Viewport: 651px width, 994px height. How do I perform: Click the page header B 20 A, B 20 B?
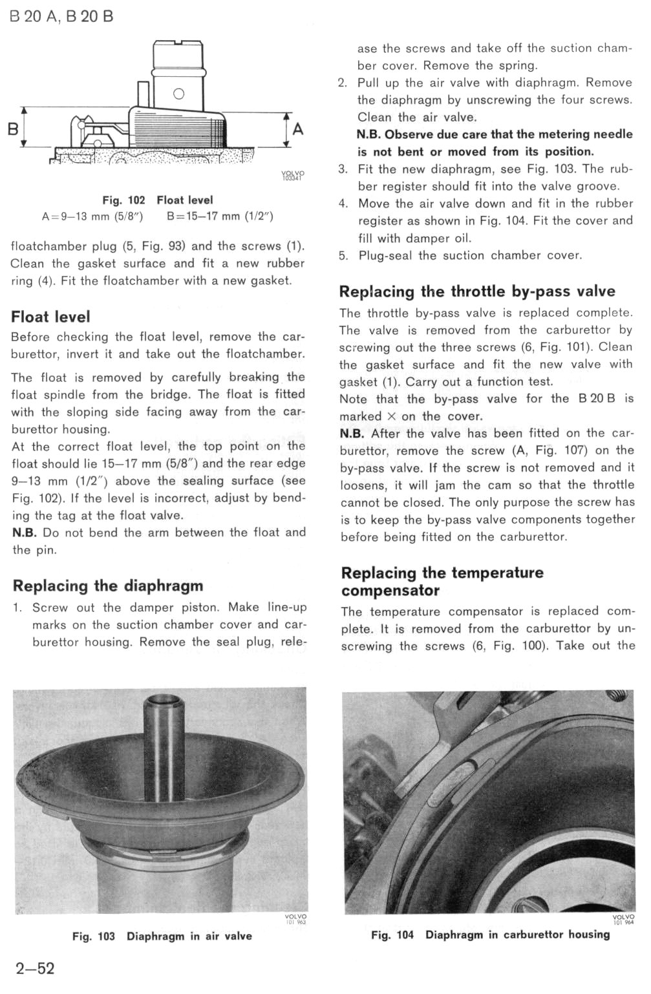[x=61, y=16]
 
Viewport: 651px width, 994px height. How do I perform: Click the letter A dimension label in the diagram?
[x=298, y=129]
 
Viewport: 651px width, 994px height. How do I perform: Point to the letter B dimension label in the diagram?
[x=12, y=129]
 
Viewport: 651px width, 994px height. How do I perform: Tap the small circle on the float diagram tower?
[x=179, y=94]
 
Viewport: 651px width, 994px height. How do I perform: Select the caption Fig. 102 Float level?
[x=157, y=200]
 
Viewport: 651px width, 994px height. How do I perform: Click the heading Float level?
[x=50, y=317]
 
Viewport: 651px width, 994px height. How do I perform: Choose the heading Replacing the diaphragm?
[x=107, y=586]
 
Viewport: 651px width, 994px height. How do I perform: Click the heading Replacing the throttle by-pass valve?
[x=477, y=291]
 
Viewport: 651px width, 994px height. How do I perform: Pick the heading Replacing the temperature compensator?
[x=442, y=581]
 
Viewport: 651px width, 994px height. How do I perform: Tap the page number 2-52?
[x=35, y=968]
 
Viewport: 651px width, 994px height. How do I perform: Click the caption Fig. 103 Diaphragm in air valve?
[x=162, y=936]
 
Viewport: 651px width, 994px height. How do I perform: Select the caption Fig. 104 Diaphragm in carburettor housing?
[x=490, y=935]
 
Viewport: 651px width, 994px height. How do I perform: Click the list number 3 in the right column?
[x=343, y=169]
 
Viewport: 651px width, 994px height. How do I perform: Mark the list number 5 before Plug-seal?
[x=343, y=255]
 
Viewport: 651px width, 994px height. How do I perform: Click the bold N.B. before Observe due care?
[x=369, y=134]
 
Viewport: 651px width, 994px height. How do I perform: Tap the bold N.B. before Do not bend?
[x=25, y=533]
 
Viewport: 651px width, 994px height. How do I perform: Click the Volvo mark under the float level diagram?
[x=293, y=176]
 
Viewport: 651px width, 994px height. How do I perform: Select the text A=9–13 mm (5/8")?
[x=92, y=217]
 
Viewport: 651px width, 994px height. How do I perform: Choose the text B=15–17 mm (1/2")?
[x=220, y=217]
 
